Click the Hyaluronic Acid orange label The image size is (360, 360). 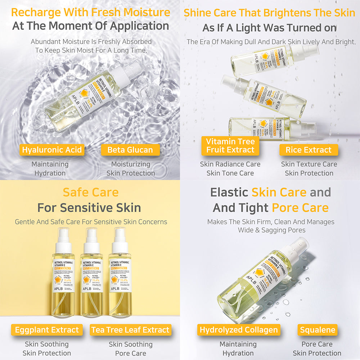click(52, 150)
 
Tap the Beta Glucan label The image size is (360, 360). click(130, 150)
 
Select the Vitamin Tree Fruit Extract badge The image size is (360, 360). click(230, 146)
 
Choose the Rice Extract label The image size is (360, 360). click(309, 150)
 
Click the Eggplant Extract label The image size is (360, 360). click(47, 330)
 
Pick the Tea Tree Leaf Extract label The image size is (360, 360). click(130, 330)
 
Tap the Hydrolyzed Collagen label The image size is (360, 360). click(239, 330)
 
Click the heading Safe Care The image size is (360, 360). click(90, 192)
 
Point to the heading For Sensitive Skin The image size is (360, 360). click(89, 208)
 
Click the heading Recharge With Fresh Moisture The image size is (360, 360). click(90, 12)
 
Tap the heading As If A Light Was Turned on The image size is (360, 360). click(269, 28)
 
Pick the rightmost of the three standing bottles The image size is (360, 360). click(120, 277)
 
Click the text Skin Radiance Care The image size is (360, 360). click(230, 164)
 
